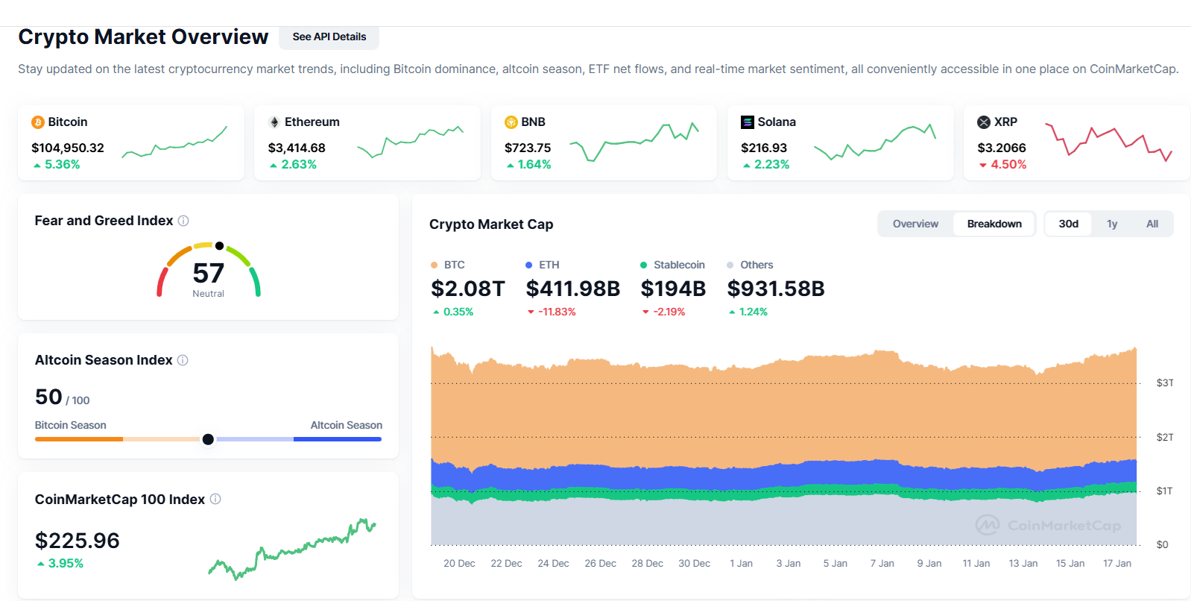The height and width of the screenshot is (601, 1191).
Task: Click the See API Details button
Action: click(x=329, y=37)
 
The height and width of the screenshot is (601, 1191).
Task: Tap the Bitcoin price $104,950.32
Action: click(x=68, y=148)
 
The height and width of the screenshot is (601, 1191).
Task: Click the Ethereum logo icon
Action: click(x=274, y=122)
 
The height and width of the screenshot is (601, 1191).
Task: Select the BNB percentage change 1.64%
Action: click(x=534, y=165)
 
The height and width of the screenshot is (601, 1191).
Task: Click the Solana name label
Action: click(x=777, y=122)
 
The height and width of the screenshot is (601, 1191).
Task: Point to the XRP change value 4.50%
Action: click(x=1008, y=165)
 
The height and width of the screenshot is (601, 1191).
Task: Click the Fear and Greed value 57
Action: click(x=208, y=273)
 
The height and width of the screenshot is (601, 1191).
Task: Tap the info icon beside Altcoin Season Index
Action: click(x=183, y=360)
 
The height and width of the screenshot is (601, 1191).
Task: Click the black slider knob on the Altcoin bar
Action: click(x=208, y=439)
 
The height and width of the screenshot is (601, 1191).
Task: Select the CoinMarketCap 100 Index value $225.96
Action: click(x=78, y=541)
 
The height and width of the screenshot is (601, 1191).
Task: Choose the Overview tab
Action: click(x=915, y=224)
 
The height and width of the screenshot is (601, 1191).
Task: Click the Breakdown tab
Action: click(x=994, y=224)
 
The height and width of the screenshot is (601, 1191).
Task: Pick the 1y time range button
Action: click(x=1112, y=224)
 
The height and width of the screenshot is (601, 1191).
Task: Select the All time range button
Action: click(x=1152, y=224)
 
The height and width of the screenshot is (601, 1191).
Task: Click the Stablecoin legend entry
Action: click(x=678, y=265)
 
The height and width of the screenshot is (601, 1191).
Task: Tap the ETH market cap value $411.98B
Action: click(x=572, y=289)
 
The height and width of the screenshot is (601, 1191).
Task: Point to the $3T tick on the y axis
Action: click(x=1164, y=383)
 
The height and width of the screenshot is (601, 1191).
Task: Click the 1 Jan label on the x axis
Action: click(x=741, y=564)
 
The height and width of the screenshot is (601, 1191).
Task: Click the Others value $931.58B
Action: click(x=775, y=289)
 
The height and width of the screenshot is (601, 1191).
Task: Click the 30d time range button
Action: click(x=1068, y=224)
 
